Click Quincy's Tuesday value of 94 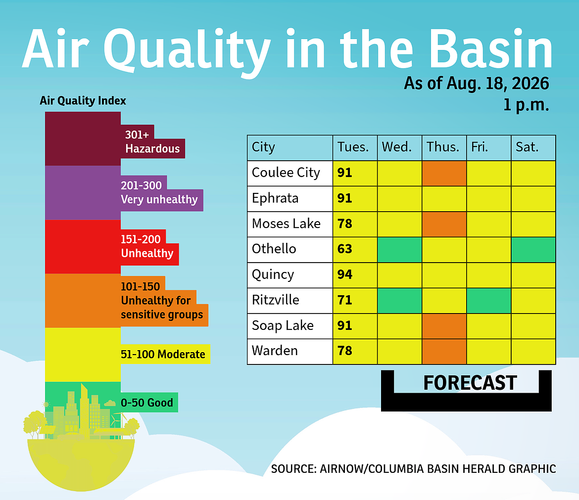tap(344, 274)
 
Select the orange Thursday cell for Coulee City tap(444, 174)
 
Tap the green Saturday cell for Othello tap(533, 250)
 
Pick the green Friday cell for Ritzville tap(489, 301)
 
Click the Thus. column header tap(443, 147)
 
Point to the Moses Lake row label tap(286, 224)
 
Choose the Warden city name tap(275, 351)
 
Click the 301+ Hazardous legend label tap(152, 142)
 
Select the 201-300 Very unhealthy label tap(159, 192)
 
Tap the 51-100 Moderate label tap(163, 354)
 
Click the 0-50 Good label tap(147, 403)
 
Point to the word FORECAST tap(470, 383)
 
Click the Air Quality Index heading tap(83, 101)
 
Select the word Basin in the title tap(490, 48)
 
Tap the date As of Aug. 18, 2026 tap(477, 84)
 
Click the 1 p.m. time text tap(526, 105)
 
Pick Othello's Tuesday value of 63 tap(344, 249)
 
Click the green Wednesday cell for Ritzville tap(399, 301)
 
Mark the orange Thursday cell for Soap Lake tap(444, 326)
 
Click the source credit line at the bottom tap(414, 469)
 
